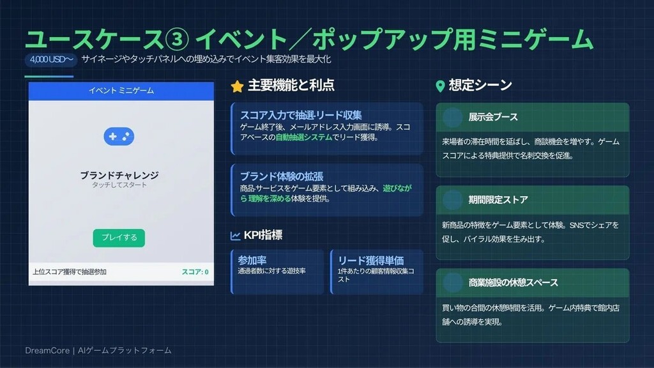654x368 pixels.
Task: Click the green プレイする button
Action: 119,238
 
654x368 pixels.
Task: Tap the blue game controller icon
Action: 119,137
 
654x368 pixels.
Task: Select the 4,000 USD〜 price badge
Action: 51,59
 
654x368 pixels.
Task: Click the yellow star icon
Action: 238,86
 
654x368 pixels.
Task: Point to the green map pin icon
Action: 440,86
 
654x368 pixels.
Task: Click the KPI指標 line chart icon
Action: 235,236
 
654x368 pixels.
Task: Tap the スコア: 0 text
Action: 195,272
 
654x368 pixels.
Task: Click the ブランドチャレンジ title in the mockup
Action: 119,175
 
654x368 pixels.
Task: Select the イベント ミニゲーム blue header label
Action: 121,91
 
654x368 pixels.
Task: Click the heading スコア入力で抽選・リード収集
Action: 301,115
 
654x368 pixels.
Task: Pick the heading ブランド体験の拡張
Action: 282,176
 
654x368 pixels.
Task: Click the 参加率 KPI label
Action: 252,261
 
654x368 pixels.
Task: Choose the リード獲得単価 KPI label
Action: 371,261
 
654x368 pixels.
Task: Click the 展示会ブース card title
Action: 493,118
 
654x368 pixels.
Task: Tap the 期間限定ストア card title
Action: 498,200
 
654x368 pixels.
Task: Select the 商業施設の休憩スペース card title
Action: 513,283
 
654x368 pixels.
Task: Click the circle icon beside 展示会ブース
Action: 453,118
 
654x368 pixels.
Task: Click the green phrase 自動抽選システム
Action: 303,137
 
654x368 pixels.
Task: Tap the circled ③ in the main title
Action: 177,40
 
